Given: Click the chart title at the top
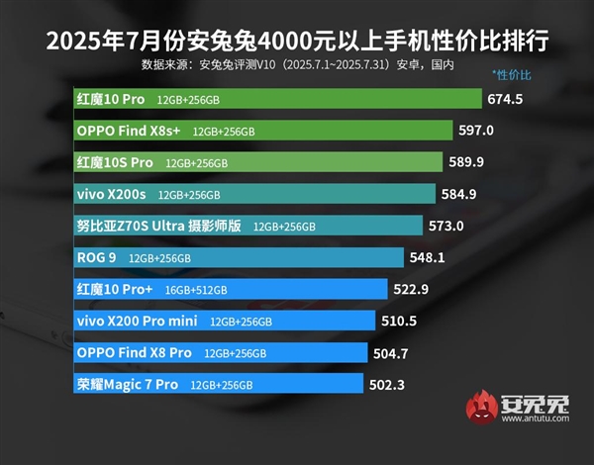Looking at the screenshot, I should [297, 41].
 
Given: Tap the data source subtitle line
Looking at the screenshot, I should [297, 65].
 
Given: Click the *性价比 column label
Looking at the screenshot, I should [512, 76].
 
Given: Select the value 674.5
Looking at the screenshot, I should [505, 99].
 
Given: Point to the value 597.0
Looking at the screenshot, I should [475, 131].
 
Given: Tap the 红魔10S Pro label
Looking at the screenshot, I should [115, 162].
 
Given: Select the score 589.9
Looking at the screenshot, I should [466, 162].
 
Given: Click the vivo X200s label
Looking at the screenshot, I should [111, 194].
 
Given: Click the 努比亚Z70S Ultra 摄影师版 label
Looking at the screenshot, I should [159, 226].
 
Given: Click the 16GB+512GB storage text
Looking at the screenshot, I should [197, 290].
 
